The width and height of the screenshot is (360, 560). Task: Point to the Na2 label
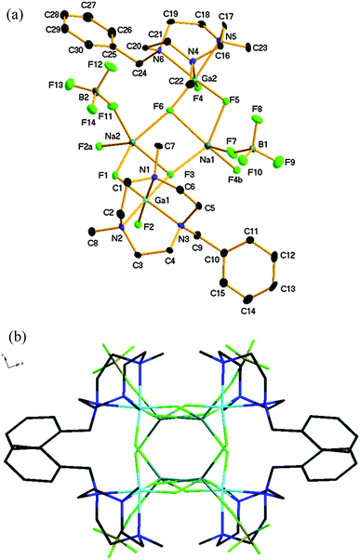(114, 136)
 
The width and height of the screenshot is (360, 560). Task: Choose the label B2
(83, 95)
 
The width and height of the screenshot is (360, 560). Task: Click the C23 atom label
(261, 47)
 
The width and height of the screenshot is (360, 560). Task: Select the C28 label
(53, 14)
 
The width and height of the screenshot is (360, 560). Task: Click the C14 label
(249, 324)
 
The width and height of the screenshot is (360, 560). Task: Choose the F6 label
(157, 110)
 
